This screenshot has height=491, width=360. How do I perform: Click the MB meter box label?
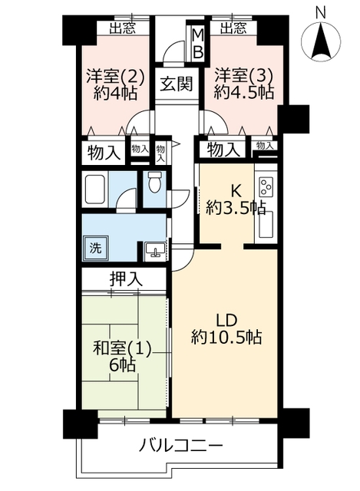click(198, 44)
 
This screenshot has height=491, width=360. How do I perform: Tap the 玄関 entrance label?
click(177, 84)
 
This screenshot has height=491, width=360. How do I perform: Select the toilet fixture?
click(154, 183)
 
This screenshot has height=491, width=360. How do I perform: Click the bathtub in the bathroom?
click(94, 189)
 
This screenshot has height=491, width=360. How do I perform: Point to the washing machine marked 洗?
click(95, 248)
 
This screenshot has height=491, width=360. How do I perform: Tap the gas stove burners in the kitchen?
click(266, 186)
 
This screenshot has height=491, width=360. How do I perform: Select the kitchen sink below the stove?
click(266, 224)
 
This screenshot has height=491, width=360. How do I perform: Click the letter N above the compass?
click(320, 13)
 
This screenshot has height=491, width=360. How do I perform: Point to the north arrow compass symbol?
click(321, 41)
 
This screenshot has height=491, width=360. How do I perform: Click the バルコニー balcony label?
click(181, 445)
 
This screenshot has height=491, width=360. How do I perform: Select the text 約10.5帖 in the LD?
click(226, 338)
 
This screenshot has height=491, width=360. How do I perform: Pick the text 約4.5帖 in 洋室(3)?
click(244, 92)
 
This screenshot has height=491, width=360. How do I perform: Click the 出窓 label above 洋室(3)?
click(233, 28)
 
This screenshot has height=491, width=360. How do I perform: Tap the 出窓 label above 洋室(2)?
click(123, 28)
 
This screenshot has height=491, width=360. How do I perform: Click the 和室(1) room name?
click(122, 349)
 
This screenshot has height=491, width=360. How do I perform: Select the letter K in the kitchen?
click(236, 191)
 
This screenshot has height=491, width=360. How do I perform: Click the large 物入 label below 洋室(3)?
click(223, 150)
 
